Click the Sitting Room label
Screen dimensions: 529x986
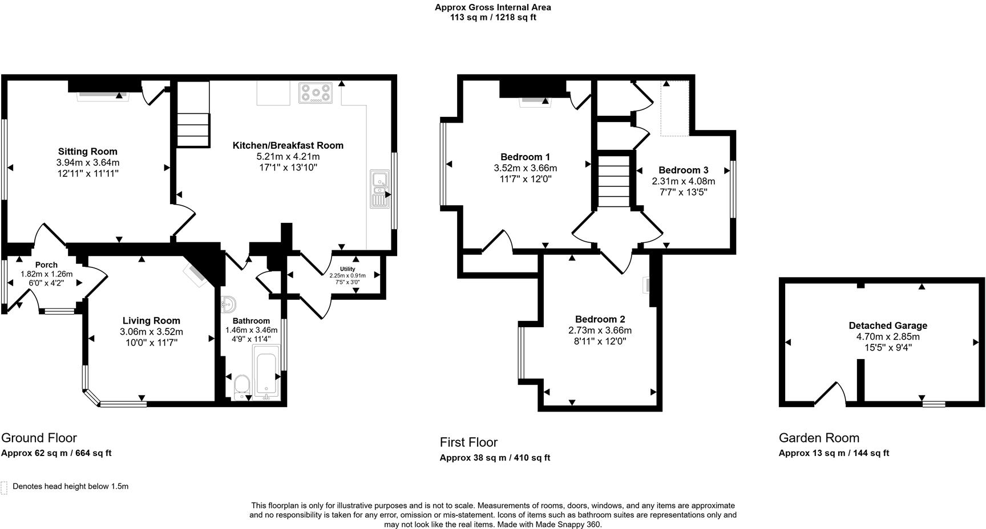click(87, 152)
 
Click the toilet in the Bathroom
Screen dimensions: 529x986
click(243, 386)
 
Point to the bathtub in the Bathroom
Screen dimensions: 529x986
click(267, 373)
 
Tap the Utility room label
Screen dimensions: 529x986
click(347, 269)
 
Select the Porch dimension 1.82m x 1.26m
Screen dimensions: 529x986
click(46, 274)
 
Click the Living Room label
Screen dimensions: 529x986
click(151, 321)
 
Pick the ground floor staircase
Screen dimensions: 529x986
click(193, 129)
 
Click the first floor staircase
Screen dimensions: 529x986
click(613, 181)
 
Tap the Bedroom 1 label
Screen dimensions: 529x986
click(525, 157)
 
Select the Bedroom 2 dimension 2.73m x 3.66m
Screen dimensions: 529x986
click(600, 331)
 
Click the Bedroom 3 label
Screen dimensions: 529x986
click(683, 170)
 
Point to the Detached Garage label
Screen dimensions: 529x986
click(887, 325)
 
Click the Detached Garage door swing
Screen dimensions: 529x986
click(831, 393)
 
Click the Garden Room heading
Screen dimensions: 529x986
click(819, 438)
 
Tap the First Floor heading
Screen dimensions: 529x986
click(468, 442)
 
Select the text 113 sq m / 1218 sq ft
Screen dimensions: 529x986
click(493, 18)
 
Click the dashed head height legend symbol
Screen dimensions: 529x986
click(5, 487)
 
